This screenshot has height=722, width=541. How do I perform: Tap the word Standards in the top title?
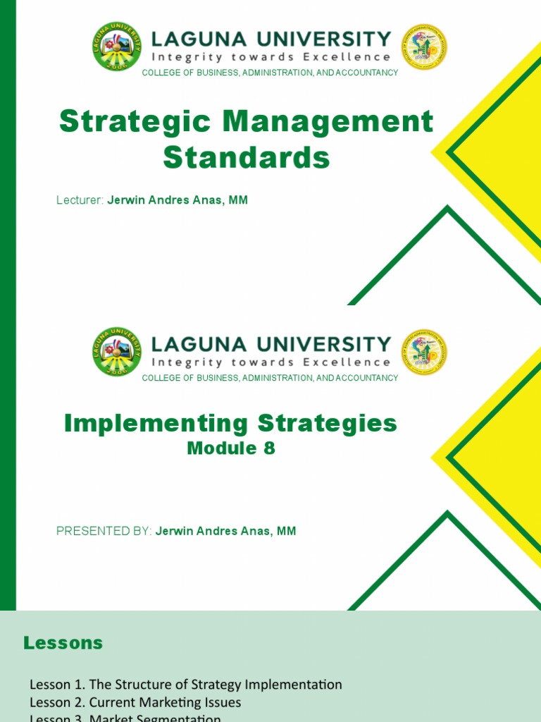247,157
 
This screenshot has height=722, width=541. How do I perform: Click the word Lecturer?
80,200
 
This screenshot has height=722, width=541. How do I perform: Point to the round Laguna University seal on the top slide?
116,47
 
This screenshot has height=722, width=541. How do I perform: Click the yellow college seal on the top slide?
424,47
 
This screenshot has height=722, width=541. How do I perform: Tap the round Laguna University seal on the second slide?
116,351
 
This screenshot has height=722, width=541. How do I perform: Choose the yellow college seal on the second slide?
424,352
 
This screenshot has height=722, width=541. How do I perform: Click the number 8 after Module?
269,448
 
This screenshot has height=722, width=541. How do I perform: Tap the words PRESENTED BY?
104,531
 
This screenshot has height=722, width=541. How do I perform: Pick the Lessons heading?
63,643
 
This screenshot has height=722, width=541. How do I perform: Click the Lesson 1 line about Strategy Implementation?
185,685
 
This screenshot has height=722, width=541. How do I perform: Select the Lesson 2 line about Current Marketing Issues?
135,703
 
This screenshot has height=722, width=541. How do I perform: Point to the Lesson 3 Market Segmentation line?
125,718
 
